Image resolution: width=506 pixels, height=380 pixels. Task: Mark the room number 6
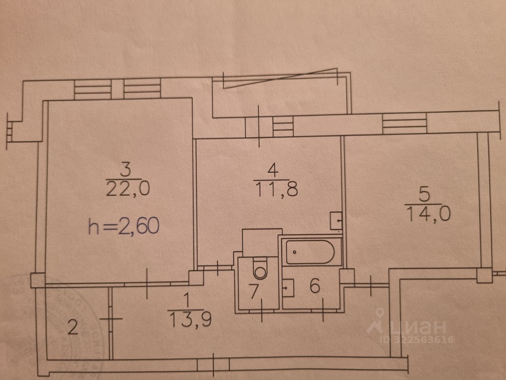click(x=315, y=286)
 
